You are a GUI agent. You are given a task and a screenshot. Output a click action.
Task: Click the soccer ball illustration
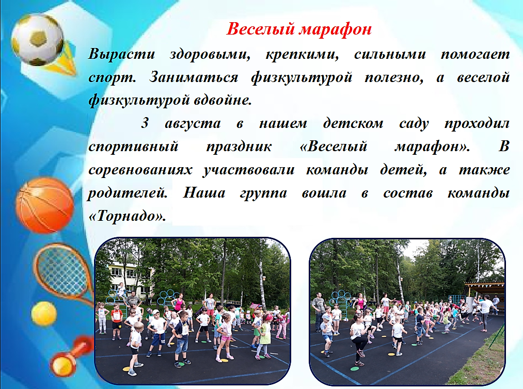click(x=37, y=40)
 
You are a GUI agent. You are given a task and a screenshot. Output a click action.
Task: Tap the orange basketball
click(x=45, y=205)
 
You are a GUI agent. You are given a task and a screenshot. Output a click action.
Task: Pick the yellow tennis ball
click(x=44, y=314)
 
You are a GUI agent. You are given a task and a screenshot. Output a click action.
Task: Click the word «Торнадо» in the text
click(x=128, y=217)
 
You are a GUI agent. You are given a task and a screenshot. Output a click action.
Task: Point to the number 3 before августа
click(x=145, y=123)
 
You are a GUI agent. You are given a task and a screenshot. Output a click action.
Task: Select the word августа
click(x=193, y=124)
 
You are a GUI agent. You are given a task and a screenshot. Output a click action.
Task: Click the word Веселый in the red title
click(x=261, y=29)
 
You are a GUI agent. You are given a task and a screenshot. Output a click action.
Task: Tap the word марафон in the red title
click(x=335, y=30)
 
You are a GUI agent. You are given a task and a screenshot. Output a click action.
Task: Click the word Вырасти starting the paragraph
click(x=121, y=55)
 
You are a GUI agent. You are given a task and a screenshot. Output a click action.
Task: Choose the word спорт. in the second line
click(x=113, y=78)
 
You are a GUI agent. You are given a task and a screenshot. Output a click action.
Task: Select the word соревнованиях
click(x=140, y=170)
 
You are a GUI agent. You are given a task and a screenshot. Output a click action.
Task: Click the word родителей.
click(x=128, y=193)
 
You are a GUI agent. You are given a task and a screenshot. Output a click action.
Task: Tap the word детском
click(x=353, y=124)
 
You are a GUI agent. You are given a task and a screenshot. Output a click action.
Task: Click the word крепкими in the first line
click(x=302, y=55)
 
